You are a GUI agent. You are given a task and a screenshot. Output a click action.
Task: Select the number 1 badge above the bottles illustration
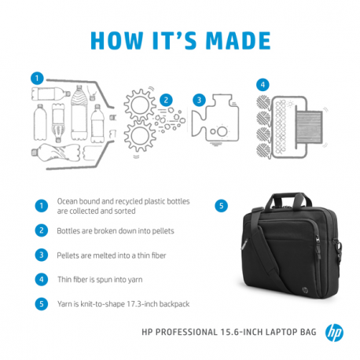pyautogui.click(x=36, y=78)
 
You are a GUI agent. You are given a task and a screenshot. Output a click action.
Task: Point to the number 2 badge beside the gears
pyautogui.click(x=166, y=100)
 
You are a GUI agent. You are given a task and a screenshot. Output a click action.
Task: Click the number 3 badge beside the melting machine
pyautogui.click(x=200, y=100)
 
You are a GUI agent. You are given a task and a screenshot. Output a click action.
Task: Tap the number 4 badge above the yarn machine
pyautogui.click(x=263, y=84)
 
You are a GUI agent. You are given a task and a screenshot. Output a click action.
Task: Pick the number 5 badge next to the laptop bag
pyautogui.click(x=222, y=206)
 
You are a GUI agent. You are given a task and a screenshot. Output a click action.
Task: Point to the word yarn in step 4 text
pyautogui.click(x=130, y=278)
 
